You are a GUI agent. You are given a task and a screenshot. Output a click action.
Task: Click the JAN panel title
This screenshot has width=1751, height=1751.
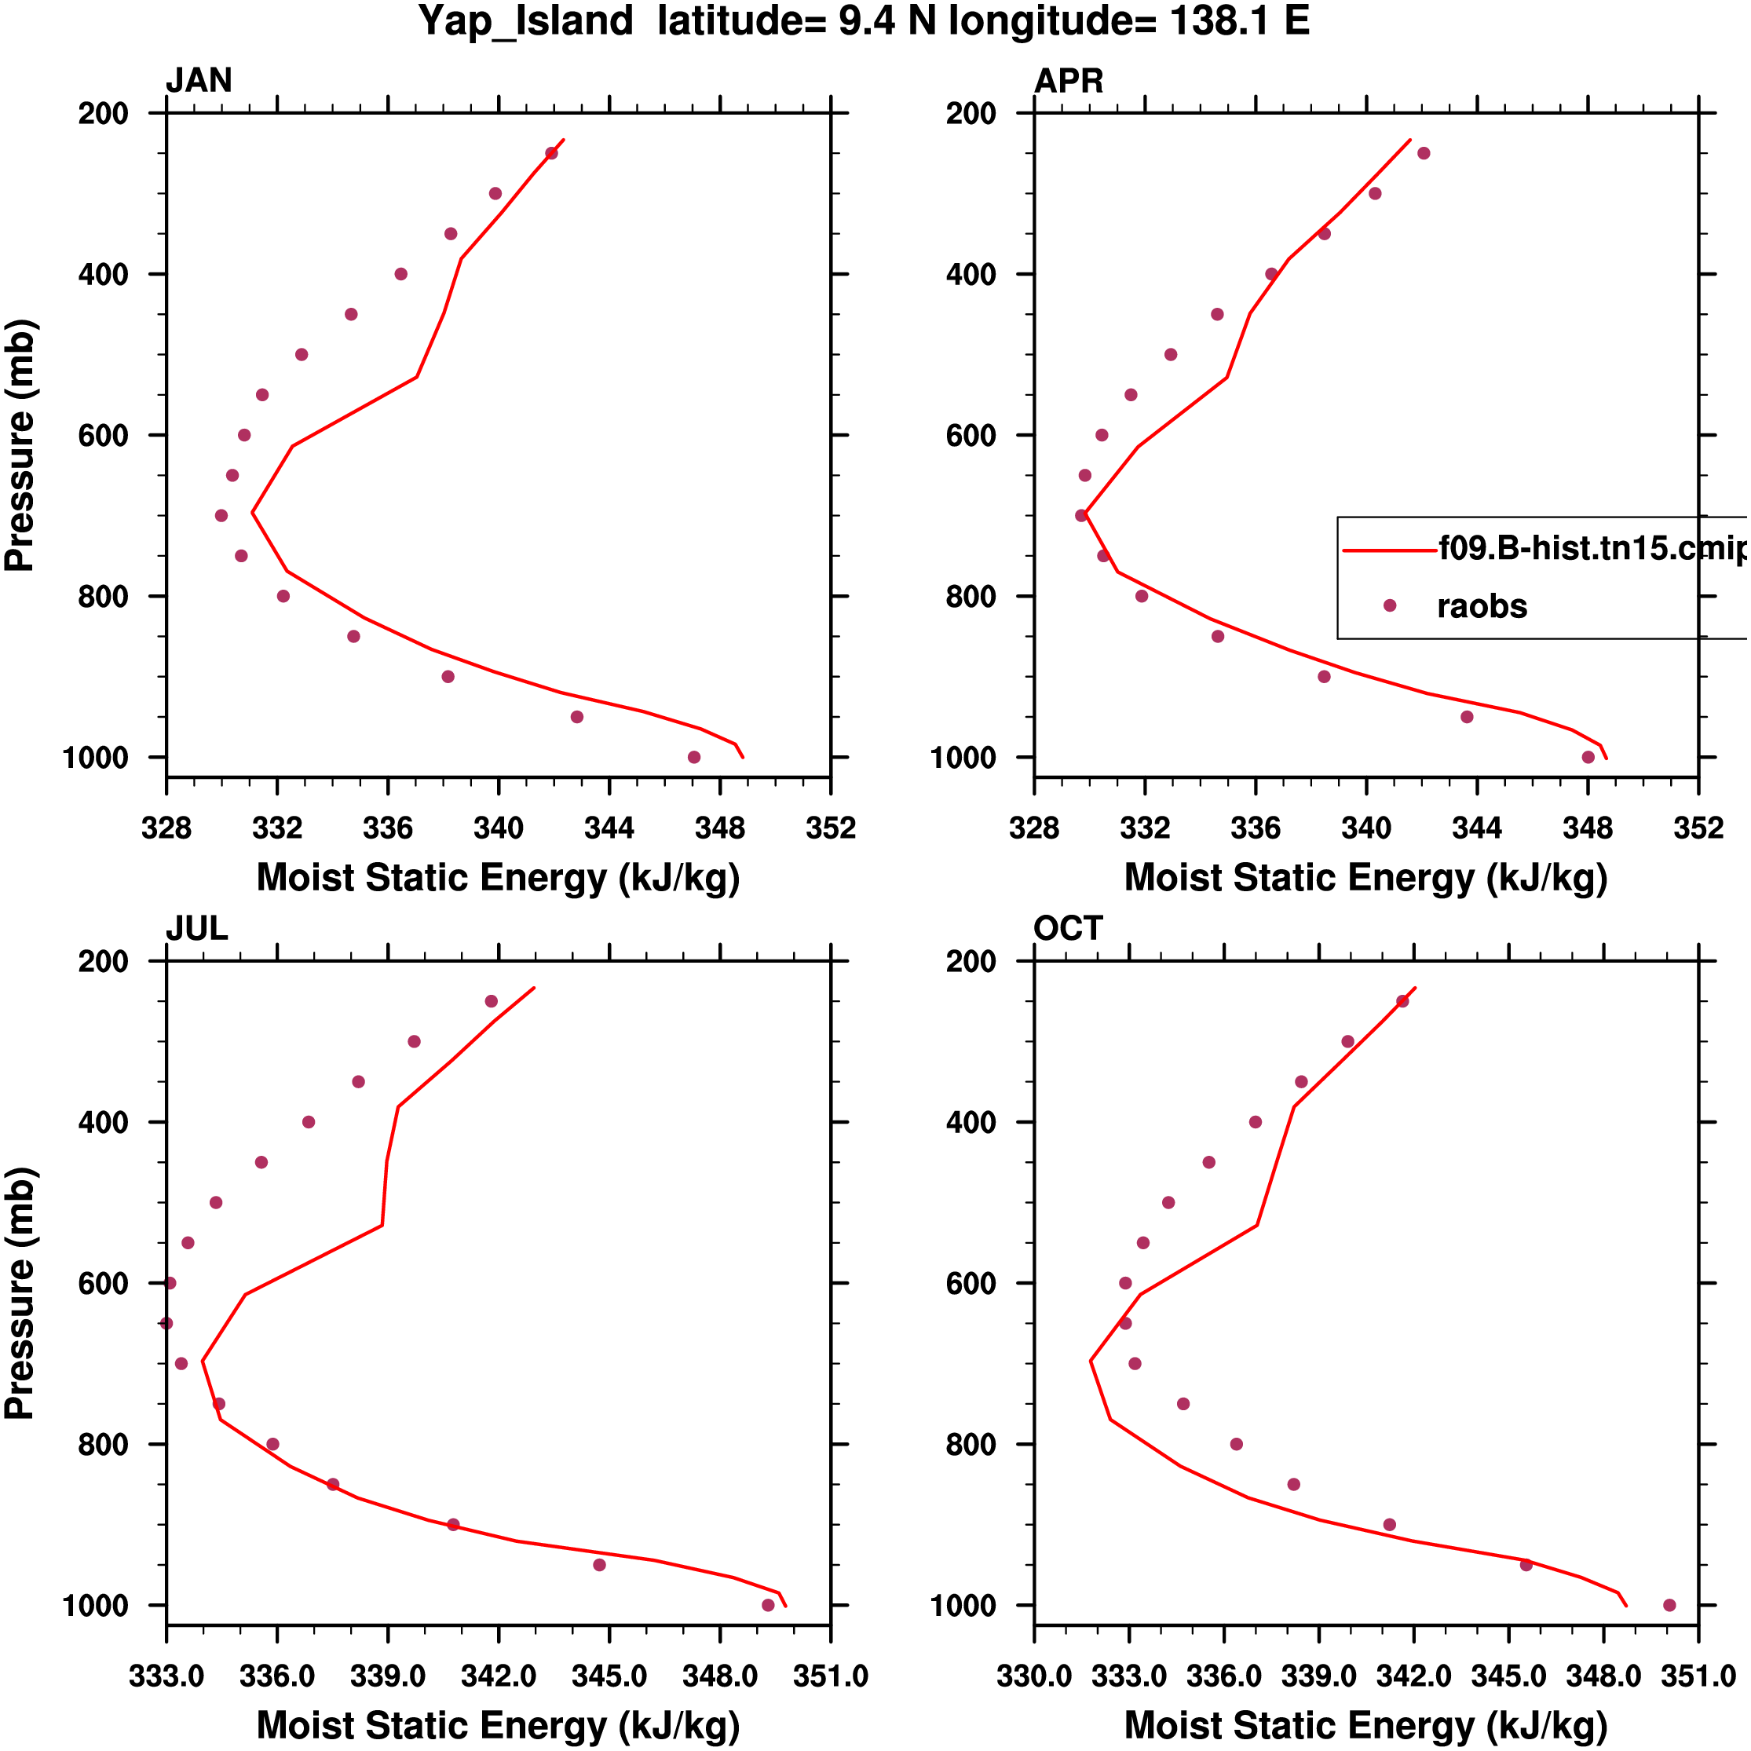pos(199,81)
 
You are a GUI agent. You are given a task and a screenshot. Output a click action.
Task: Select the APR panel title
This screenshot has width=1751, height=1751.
pos(1069,81)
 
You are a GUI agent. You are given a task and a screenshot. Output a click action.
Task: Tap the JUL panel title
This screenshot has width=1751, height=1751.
pos(196,928)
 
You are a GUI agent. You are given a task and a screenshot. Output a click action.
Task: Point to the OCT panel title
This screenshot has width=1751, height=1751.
pos(1068,928)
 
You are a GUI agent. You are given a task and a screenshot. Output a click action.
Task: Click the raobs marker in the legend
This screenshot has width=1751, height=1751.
pos(1389,605)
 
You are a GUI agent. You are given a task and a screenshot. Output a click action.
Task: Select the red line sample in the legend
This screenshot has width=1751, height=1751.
pos(1389,549)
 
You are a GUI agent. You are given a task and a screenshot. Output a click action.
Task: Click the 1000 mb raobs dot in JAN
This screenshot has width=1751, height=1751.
pos(694,757)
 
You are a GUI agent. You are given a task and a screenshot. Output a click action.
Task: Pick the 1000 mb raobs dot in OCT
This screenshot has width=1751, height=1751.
pos(1669,1605)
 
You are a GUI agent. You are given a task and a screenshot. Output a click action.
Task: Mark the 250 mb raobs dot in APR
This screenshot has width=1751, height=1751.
pos(1424,153)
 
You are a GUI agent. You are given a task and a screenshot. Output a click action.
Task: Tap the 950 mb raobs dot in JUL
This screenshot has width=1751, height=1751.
pos(599,1565)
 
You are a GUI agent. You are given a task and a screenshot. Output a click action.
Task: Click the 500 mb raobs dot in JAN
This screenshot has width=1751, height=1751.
pos(302,354)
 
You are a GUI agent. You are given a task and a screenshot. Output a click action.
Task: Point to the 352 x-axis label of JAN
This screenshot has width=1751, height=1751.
pos(830,828)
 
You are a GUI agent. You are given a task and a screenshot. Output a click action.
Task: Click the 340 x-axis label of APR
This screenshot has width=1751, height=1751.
pos(1365,828)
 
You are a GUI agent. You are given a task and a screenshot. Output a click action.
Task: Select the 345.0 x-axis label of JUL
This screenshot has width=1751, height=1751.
pos(609,1676)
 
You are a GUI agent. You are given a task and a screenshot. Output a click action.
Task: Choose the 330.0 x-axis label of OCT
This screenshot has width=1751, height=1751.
pos(1034,1676)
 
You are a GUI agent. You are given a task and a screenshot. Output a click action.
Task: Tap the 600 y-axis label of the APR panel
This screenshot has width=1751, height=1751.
pos(971,435)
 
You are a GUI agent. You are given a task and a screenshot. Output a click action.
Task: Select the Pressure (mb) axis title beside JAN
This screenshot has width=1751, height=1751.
pos(20,444)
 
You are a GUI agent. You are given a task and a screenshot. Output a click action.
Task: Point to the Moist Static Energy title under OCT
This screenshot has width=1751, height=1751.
pos(1365,1725)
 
